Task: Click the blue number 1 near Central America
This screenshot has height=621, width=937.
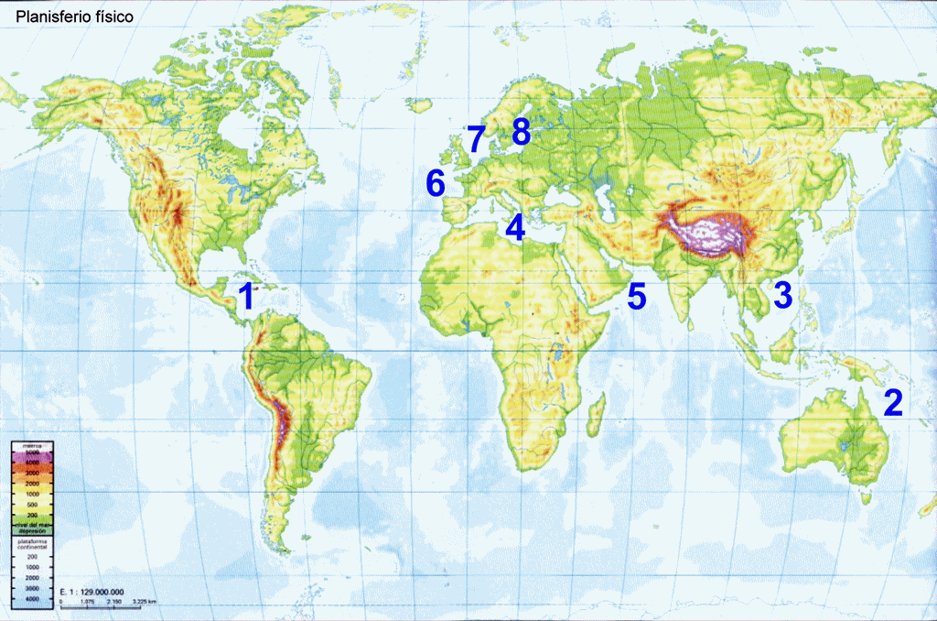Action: point(244,297)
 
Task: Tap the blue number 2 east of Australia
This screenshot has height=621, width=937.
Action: point(892,402)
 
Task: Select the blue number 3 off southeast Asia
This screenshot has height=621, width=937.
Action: point(783,295)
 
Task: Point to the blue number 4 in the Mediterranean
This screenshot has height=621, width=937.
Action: point(516,227)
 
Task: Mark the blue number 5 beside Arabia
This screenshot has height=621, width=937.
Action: point(636,296)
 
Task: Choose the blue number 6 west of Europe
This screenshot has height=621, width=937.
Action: point(436,183)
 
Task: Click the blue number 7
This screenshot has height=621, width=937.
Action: point(476,139)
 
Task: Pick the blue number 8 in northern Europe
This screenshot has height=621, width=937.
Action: point(521,132)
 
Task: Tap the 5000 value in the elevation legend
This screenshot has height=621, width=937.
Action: point(32,453)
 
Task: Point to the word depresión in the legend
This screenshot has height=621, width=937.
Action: point(32,530)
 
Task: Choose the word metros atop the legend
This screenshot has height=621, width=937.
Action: point(32,444)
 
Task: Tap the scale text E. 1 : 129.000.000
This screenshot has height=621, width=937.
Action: point(92,592)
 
